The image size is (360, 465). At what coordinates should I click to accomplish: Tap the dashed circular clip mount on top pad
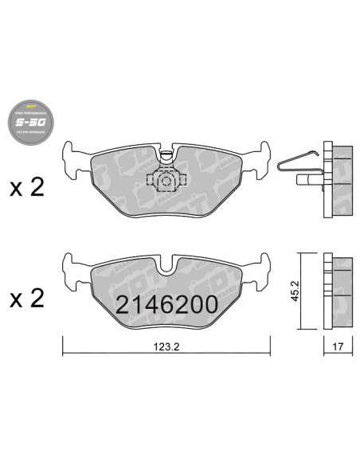tap(166, 181)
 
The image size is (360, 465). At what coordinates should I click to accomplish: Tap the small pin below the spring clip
tap(304, 181)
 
